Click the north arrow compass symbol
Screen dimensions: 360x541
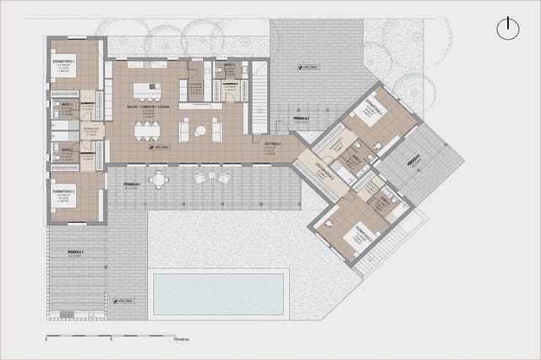(507, 28)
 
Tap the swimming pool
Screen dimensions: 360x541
(218, 293)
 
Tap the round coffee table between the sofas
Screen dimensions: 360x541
(200, 130)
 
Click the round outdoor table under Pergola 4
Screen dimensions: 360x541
(159, 179)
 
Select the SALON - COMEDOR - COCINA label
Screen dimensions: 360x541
(149, 107)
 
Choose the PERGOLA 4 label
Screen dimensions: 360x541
(131, 183)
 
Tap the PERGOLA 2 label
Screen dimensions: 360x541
(302, 117)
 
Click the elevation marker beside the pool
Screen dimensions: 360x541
(123, 301)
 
